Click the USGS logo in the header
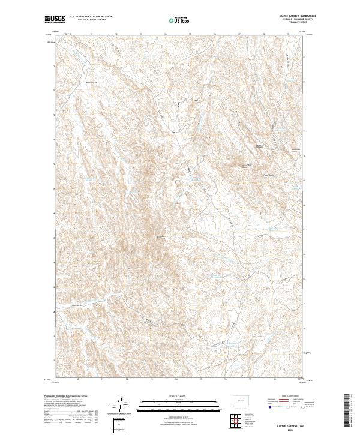(55, 19)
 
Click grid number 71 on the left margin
(52, 139)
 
